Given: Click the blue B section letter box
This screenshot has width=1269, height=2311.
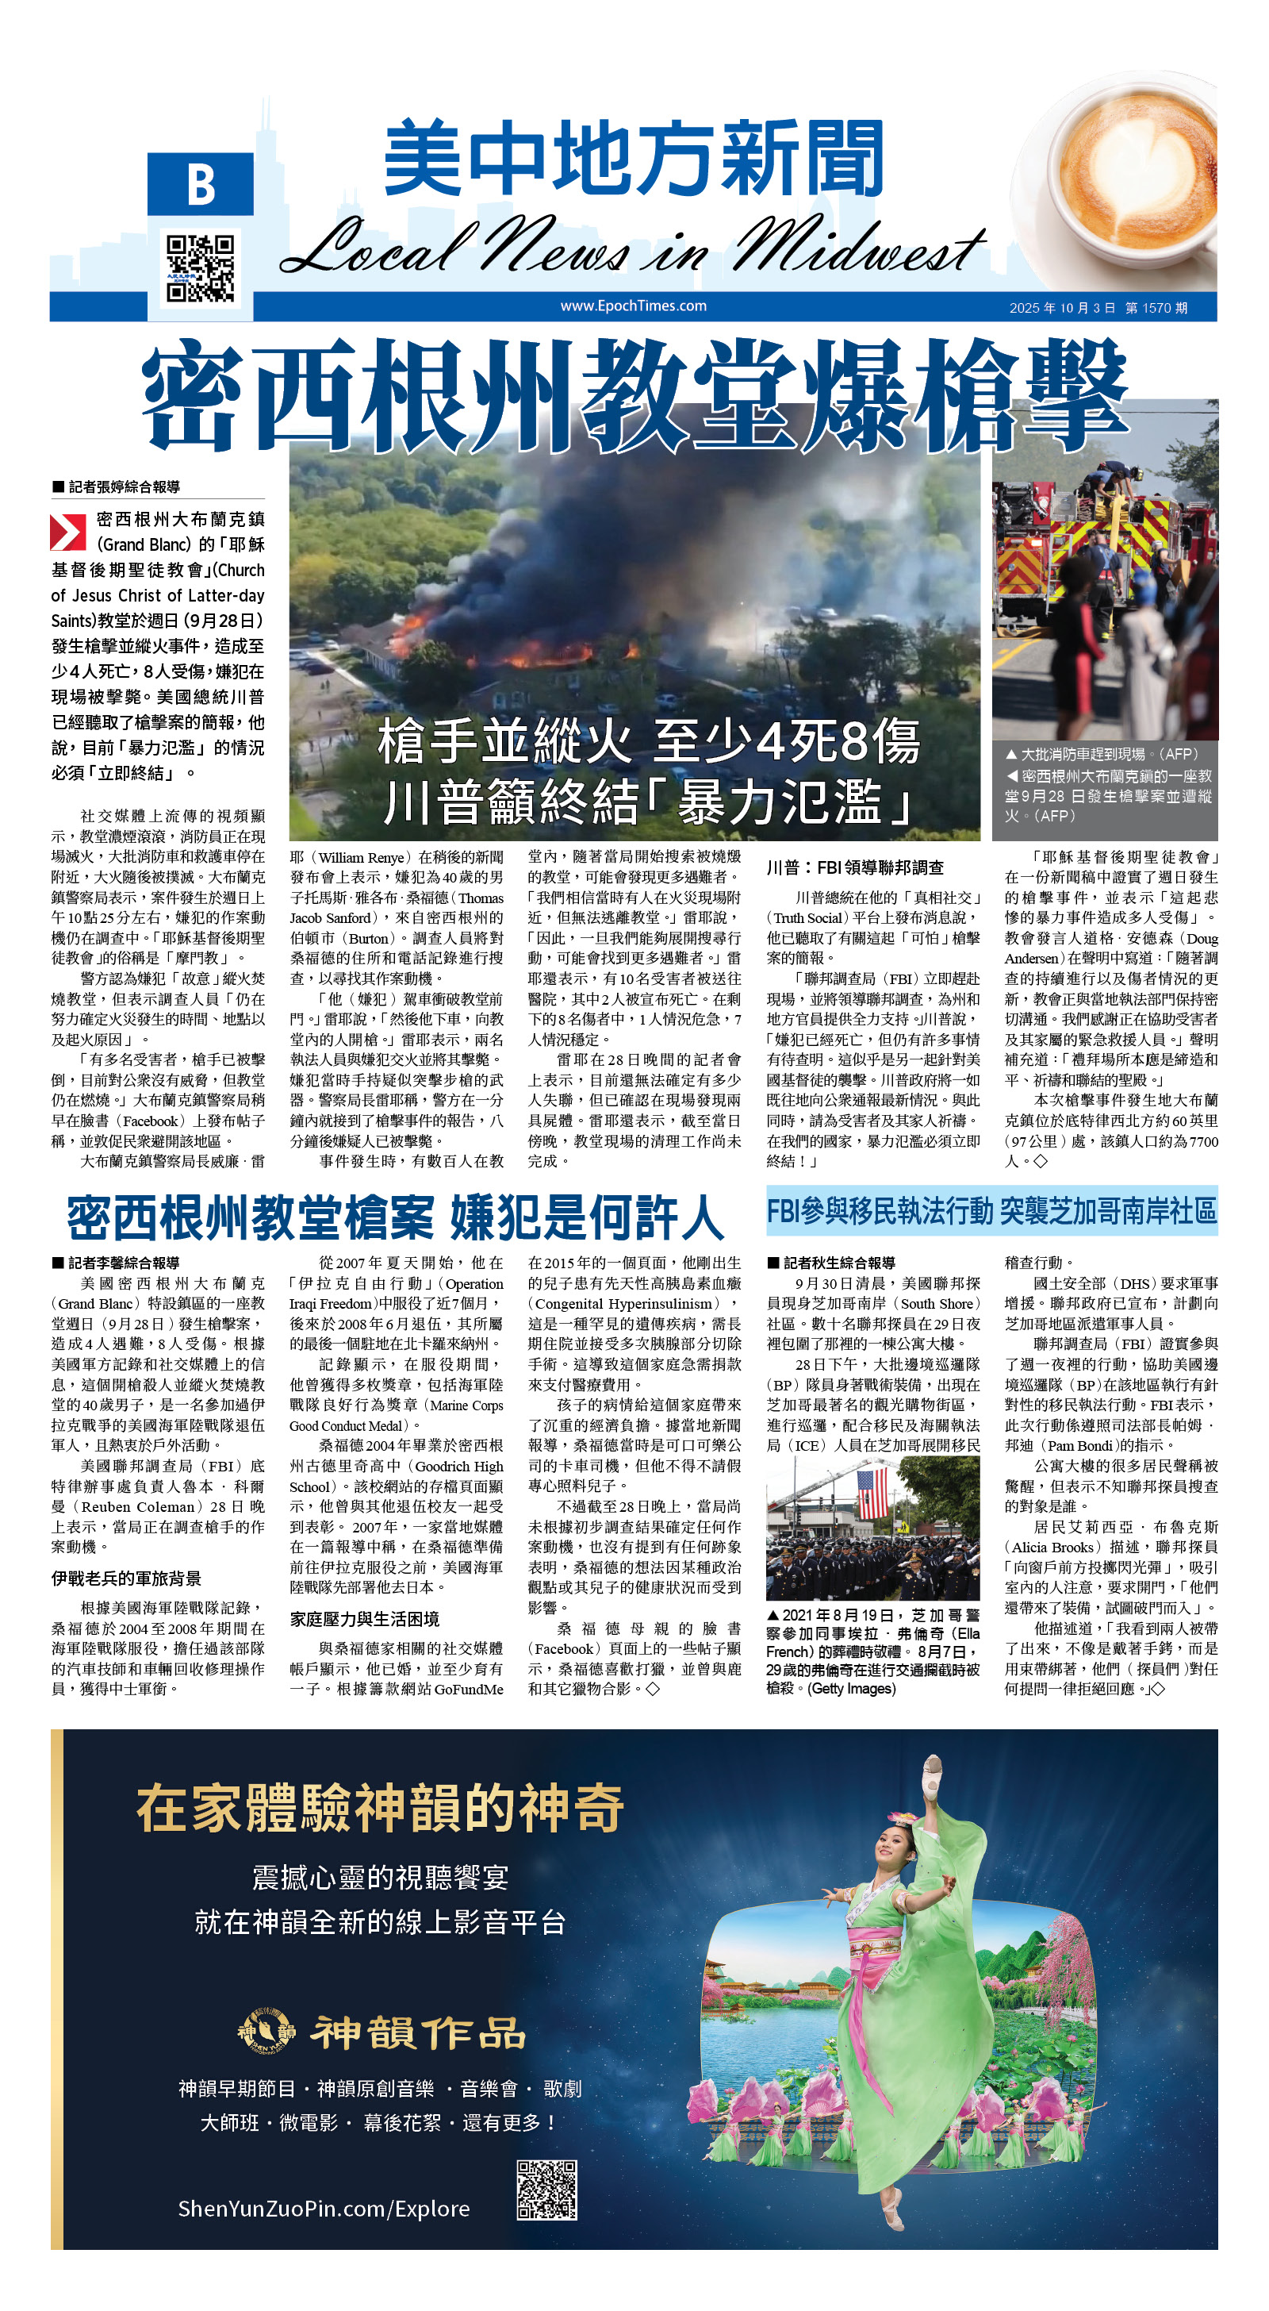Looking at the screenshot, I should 201,184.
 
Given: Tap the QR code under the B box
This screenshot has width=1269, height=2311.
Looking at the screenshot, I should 201,267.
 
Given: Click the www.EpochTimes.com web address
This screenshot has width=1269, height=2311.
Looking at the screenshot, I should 633,306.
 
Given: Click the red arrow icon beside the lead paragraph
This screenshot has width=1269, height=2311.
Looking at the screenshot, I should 67,531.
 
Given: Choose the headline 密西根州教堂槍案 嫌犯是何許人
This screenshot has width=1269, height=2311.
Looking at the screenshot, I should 395,1217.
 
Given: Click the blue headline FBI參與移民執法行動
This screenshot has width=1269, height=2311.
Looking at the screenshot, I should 990,1211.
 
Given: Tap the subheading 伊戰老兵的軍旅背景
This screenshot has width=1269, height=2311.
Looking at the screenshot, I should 125,1578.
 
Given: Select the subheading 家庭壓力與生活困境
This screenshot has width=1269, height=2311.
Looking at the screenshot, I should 363,1619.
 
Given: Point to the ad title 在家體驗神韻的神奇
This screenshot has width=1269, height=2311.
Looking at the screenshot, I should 379,1808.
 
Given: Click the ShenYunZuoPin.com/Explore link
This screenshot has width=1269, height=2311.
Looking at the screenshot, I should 324,2208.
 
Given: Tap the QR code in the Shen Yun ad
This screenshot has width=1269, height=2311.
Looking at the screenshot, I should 546,2190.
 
